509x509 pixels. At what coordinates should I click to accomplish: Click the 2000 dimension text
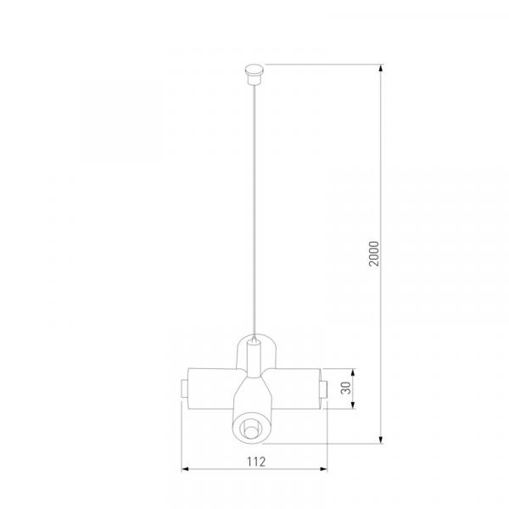(x=374, y=254)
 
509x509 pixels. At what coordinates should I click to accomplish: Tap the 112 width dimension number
(x=256, y=461)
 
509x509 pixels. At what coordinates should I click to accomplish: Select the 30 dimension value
(x=346, y=388)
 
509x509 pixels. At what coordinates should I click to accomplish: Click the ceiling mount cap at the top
(x=255, y=75)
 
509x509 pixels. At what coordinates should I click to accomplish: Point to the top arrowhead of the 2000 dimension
(x=382, y=68)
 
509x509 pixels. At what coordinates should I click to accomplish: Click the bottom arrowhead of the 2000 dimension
(x=382, y=439)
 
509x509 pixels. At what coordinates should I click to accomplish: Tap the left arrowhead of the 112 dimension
(x=185, y=469)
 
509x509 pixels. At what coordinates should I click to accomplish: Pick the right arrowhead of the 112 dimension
(x=323, y=469)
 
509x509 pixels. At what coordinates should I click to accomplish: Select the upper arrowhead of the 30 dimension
(x=354, y=372)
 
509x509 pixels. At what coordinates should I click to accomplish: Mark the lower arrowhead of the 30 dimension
(x=354, y=405)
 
